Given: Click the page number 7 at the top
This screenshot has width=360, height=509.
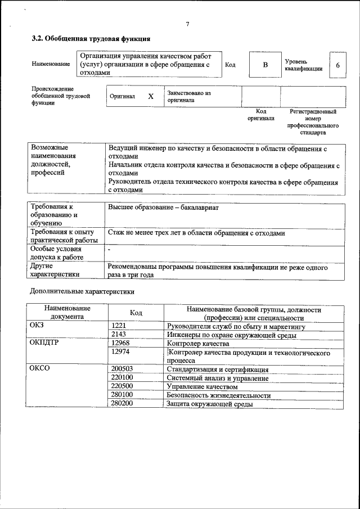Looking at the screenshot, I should (x=187, y=24).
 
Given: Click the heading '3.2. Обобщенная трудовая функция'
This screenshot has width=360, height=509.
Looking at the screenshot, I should (x=90, y=39).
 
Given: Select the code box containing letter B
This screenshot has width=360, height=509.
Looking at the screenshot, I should (x=265, y=65).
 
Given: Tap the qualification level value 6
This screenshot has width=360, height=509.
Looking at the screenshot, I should (x=337, y=65).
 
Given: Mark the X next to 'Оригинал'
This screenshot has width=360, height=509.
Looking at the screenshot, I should (x=150, y=96).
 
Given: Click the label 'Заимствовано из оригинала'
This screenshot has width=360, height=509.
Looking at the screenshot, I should (x=188, y=96).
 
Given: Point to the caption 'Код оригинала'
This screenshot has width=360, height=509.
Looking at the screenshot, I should (x=261, y=115).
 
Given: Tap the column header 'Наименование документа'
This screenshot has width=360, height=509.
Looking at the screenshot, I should (x=67, y=313).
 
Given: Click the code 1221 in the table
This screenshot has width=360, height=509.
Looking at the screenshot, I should (x=120, y=326).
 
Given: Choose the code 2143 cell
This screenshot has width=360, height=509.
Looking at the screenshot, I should (x=120, y=335).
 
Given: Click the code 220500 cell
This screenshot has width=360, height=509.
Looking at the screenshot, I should (x=123, y=387).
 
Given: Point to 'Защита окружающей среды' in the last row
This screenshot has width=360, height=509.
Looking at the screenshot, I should (x=209, y=404).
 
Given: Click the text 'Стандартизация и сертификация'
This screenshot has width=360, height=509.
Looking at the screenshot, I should (x=217, y=370).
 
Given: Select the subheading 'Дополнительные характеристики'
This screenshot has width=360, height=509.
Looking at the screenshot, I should (x=82, y=291).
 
